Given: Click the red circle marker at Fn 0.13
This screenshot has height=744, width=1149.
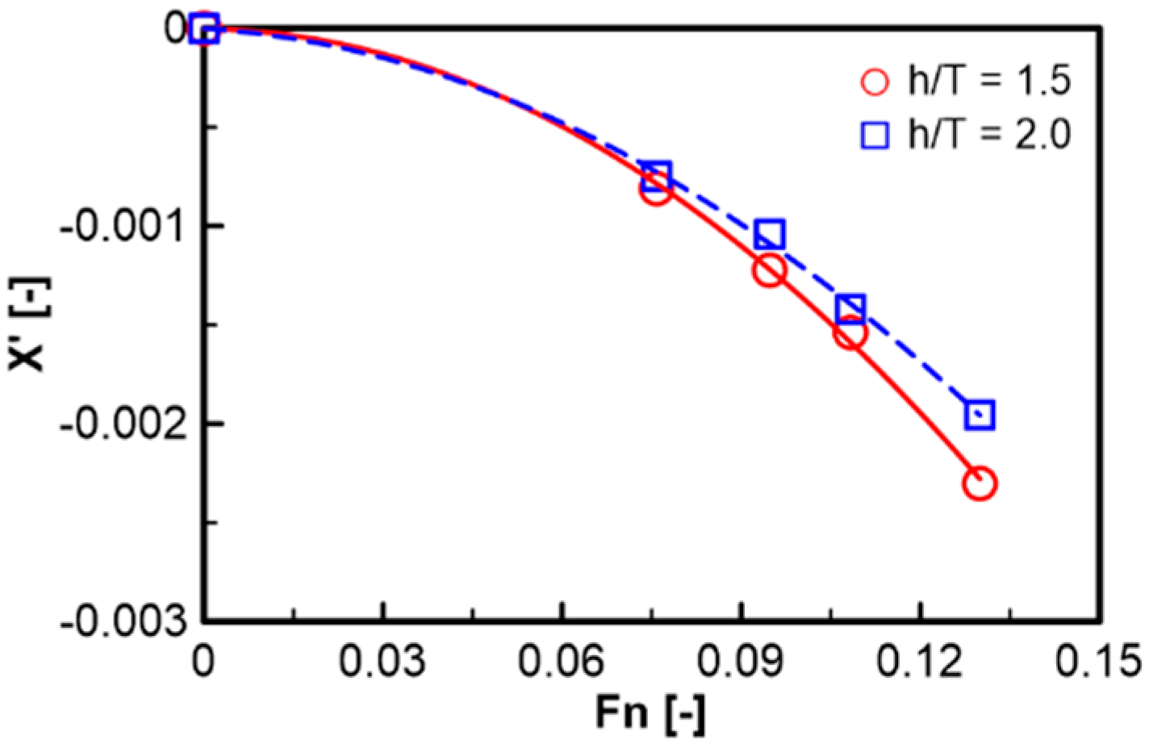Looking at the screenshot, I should tap(980, 483).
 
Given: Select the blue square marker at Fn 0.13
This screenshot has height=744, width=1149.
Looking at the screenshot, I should tap(980, 415).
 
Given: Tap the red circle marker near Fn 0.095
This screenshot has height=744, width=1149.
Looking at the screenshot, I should tap(770, 270).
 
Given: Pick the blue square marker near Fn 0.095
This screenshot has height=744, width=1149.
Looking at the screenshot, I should tap(770, 234).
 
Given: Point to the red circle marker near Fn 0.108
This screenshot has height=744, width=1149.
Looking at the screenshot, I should tap(850, 332).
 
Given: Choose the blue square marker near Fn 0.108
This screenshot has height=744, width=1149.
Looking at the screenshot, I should tap(850, 308).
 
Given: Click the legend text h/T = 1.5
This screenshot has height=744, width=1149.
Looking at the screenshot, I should tap(989, 82).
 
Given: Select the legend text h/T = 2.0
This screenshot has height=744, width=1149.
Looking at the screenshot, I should tap(989, 134).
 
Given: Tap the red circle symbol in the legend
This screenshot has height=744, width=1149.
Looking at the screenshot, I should tap(875, 82).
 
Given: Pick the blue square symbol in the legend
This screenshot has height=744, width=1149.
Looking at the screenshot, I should tap(875, 135).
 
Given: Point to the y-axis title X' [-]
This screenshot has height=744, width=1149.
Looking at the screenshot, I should tap(30, 324).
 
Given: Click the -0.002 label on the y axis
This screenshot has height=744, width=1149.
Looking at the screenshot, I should tap(123, 423).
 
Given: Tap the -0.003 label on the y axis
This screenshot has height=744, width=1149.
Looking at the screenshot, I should tap(123, 621).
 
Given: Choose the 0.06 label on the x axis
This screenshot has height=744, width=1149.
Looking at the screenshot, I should tap(561, 662).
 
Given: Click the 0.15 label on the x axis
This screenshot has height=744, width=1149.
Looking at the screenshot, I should tap(1099, 662).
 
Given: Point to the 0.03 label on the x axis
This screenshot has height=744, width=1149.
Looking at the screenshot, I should tap(382, 662).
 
